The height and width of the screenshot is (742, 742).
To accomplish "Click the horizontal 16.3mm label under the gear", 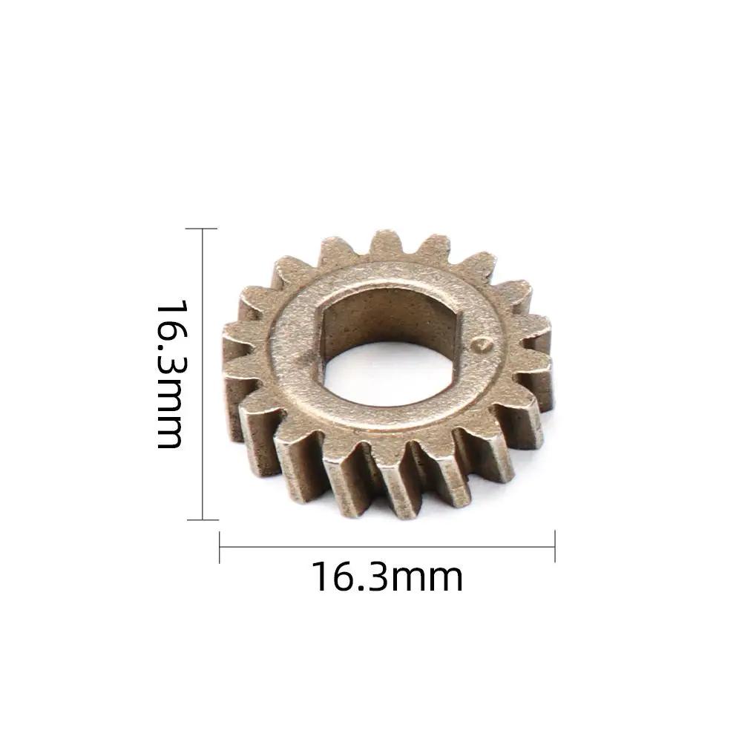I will (x=387, y=577).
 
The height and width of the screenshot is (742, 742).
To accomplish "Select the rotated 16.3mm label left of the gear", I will (x=170, y=374).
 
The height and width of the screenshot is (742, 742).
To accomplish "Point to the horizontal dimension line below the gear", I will (x=387, y=548).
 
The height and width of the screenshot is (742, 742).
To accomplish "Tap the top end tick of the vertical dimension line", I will (x=203, y=229).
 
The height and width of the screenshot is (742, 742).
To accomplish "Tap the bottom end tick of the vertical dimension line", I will (x=203, y=519).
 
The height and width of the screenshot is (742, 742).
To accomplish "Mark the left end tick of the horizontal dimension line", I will (x=220, y=548).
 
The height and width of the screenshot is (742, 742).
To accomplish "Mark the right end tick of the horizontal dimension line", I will (x=555, y=548).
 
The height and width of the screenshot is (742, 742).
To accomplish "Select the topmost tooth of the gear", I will (x=386, y=243).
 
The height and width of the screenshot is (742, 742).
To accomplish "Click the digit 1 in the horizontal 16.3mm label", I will (x=321, y=577).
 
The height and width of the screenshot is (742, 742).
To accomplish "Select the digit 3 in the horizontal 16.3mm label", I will (x=375, y=577).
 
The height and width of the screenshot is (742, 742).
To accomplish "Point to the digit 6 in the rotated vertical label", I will (x=170, y=338).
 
